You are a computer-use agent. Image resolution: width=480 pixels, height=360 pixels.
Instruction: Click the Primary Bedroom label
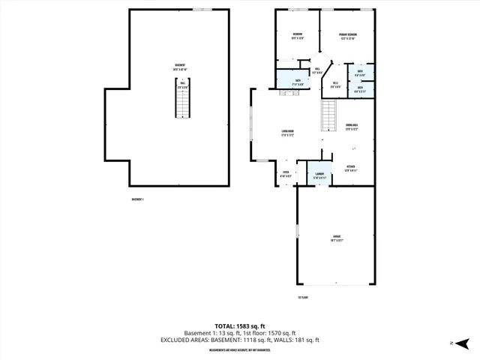tap(348, 35)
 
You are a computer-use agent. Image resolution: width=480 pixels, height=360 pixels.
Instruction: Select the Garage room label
tap(337, 239)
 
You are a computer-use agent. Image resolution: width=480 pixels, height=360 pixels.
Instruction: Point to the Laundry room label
tap(319, 175)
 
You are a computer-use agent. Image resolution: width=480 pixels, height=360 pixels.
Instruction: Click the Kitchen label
tap(350, 167)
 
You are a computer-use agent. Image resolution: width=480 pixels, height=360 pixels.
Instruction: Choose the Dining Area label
tap(351, 126)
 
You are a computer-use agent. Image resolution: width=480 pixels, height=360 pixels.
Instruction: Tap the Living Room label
tap(287, 133)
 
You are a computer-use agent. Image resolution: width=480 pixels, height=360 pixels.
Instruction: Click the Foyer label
tap(286, 173)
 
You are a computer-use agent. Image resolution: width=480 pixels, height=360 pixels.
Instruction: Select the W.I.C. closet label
tap(335, 84)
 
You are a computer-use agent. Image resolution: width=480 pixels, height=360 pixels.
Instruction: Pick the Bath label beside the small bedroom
tap(298, 79)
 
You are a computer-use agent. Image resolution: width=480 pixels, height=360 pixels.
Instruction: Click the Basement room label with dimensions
tap(180, 67)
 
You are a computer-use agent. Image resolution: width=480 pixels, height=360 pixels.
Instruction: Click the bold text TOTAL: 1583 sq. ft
tap(239, 325)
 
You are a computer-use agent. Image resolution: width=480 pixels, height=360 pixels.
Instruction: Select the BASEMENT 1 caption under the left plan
tap(137, 199)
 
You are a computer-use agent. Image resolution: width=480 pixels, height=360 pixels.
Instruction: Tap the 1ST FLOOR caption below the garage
tap(303, 297)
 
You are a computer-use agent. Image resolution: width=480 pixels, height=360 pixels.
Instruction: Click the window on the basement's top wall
tap(201, 9)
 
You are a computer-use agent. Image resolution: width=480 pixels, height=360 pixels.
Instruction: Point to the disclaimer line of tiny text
tap(239, 349)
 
